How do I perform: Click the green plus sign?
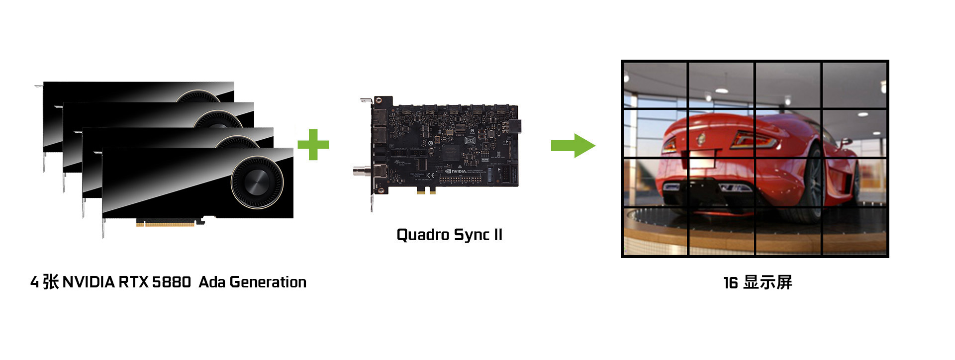click(x=313, y=145)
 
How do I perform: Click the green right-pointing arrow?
click(x=573, y=145)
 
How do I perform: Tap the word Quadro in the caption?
click(x=423, y=235)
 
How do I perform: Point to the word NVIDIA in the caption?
click(x=89, y=282)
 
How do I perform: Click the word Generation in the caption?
click(x=268, y=282)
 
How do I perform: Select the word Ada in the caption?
click(x=212, y=282)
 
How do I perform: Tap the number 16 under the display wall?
click(x=730, y=283)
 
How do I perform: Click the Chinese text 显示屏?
click(x=767, y=282)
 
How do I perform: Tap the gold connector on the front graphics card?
click(x=166, y=224)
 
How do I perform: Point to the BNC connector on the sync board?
click(x=359, y=172)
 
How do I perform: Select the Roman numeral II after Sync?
click(x=497, y=235)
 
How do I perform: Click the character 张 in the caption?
click(x=50, y=282)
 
